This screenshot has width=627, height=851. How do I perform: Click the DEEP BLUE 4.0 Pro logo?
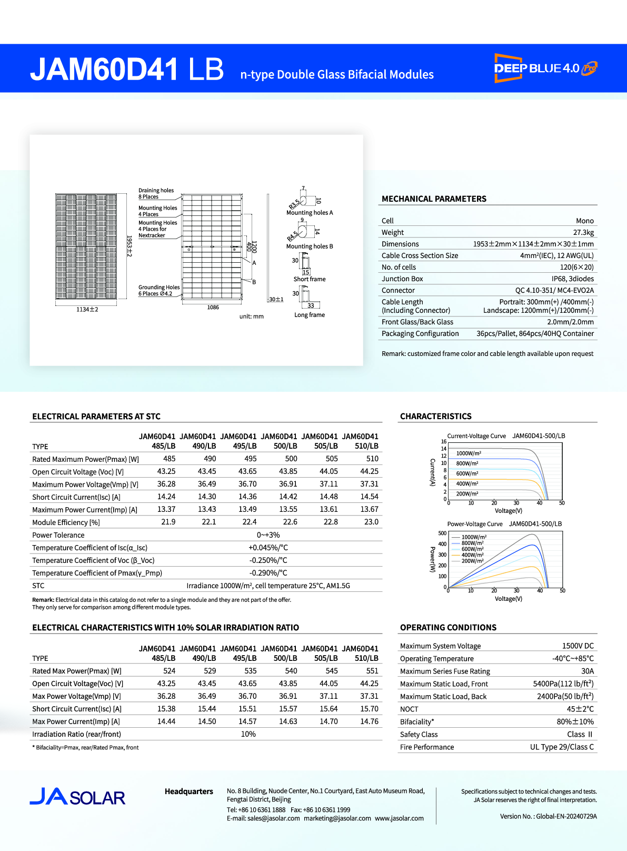(x=545, y=68)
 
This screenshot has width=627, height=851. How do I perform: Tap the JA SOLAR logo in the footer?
(x=77, y=797)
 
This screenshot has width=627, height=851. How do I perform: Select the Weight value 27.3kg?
(x=583, y=232)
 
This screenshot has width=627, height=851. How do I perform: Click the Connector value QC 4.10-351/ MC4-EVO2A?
(x=554, y=290)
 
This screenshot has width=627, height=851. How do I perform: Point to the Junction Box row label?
(x=402, y=279)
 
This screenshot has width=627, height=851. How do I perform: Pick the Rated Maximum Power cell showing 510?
(x=372, y=459)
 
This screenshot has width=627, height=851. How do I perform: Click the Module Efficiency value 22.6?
(x=290, y=522)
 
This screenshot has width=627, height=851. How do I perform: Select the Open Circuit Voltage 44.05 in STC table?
(x=329, y=471)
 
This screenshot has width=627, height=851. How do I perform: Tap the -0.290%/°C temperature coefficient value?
(x=268, y=572)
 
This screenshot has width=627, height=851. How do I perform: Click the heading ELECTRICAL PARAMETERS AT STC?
(x=96, y=417)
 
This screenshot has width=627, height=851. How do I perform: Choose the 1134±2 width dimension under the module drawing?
(x=87, y=309)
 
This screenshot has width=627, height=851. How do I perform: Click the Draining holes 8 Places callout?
(x=156, y=193)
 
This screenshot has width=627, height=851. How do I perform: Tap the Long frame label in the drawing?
(x=310, y=315)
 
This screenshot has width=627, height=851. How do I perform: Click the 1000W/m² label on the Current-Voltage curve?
(x=469, y=453)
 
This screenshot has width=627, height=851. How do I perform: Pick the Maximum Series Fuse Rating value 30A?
(x=588, y=671)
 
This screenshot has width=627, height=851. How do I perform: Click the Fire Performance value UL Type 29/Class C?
(x=562, y=747)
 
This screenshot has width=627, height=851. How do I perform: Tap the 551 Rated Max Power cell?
(x=372, y=671)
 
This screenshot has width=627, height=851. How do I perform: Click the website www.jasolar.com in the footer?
(x=399, y=818)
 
